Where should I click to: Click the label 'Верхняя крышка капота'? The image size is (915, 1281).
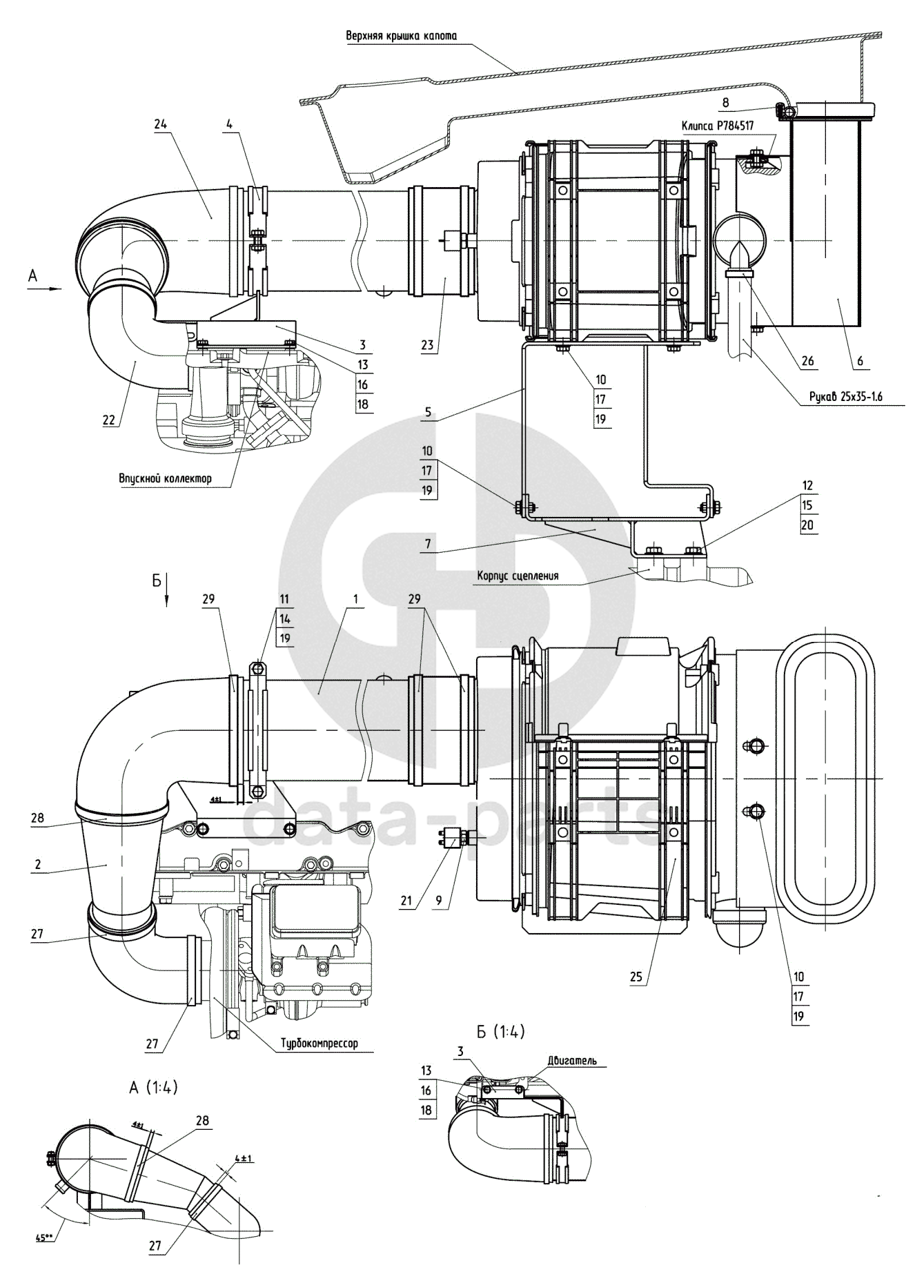(401, 36)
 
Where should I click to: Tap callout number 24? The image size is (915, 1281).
(161, 124)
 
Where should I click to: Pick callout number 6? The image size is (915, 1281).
(860, 361)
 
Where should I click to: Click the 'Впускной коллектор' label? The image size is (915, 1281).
(165, 478)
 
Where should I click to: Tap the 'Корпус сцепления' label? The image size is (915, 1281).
(517, 576)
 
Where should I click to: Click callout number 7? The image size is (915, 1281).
(428, 545)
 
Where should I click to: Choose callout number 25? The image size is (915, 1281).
(636, 977)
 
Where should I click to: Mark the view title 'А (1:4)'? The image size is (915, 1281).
(153, 1088)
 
